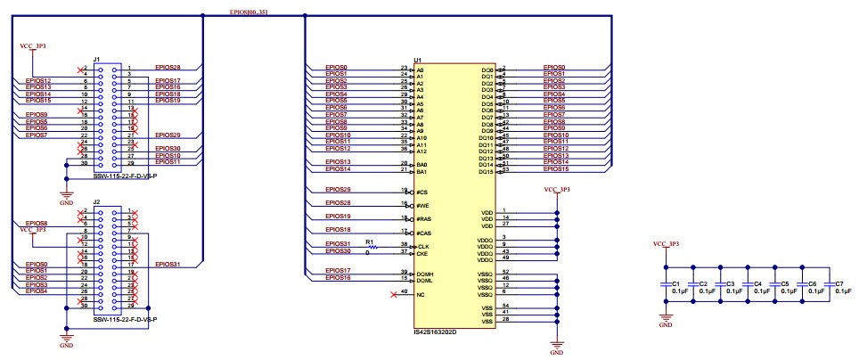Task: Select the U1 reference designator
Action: tap(418, 60)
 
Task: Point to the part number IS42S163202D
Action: tap(435, 331)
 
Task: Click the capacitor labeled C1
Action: tap(665, 284)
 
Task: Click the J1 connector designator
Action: tap(96, 60)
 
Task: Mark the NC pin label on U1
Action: tap(421, 293)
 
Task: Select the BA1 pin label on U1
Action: tap(421, 171)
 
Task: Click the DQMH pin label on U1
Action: tap(424, 273)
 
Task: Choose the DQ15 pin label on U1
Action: tap(486, 171)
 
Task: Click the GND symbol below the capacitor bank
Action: tap(665, 322)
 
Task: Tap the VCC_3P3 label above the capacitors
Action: tap(666, 243)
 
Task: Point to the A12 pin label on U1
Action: tap(421, 151)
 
